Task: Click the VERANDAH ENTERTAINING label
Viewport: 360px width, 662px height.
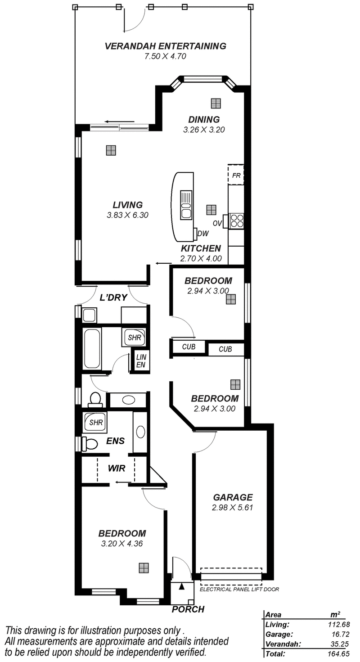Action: click(x=165, y=46)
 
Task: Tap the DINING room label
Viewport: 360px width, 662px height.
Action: click(x=204, y=120)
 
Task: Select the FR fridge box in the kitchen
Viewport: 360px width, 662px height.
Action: click(x=236, y=175)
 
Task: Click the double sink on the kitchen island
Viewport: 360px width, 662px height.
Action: click(x=186, y=205)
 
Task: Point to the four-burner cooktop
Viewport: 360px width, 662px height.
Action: click(x=237, y=220)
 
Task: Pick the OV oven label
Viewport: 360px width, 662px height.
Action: click(x=216, y=223)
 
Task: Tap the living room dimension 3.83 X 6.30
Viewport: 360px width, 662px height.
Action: click(x=127, y=215)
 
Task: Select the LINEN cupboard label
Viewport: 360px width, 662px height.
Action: click(x=140, y=360)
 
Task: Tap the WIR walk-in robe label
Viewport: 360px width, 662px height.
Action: click(x=116, y=468)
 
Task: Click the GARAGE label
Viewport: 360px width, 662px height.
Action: click(x=233, y=497)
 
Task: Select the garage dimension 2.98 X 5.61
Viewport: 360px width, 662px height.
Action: click(x=233, y=508)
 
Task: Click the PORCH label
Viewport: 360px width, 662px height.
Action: click(x=188, y=609)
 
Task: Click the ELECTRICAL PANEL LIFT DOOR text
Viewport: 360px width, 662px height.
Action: click(x=239, y=589)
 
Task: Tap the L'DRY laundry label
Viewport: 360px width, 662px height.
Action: click(x=113, y=297)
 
